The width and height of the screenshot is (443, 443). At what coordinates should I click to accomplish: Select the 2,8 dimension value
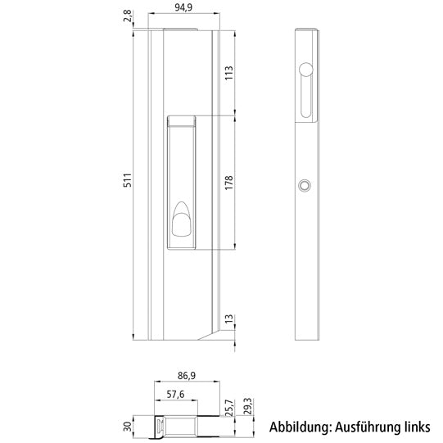[128, 16]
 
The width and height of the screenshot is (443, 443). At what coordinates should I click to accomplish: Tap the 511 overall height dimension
[127, 181]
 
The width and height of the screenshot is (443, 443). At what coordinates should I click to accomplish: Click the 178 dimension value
[228, 182]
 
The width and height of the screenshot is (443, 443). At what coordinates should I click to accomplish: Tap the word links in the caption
[416, 427]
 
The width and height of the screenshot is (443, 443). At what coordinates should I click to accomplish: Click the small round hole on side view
[305, 186]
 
